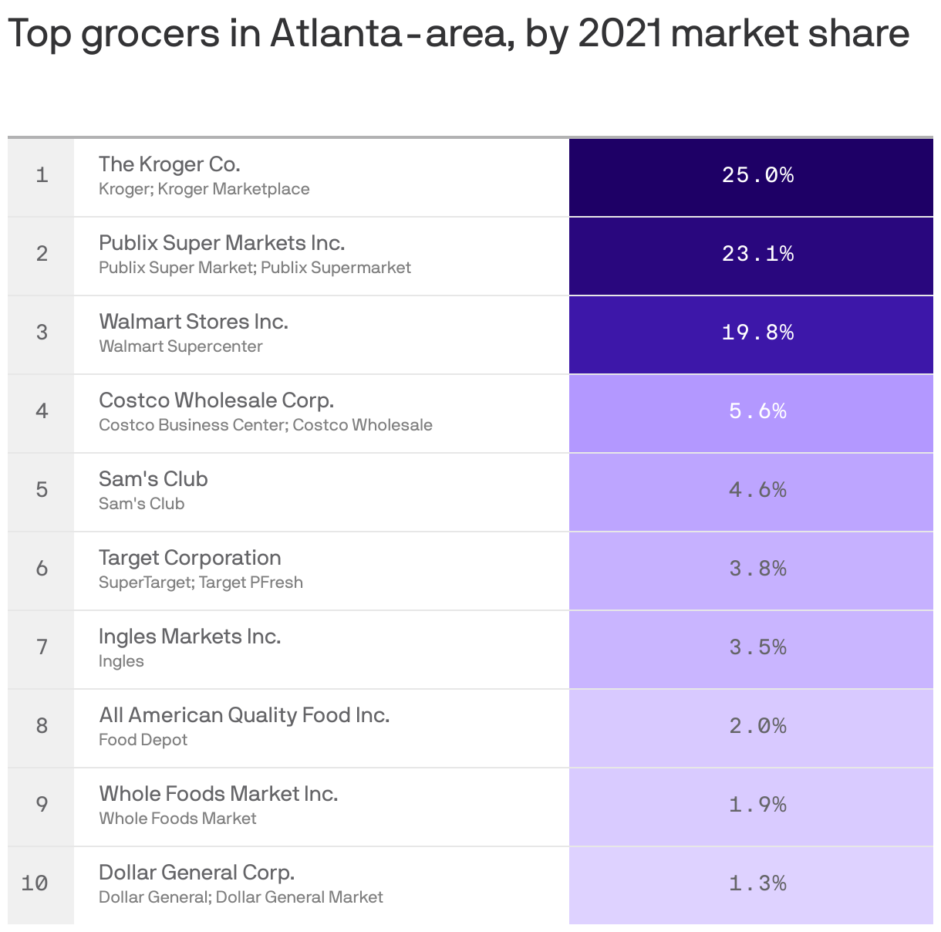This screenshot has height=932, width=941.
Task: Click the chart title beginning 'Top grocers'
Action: coord(458,34)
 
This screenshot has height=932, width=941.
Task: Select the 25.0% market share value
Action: coord(757,175)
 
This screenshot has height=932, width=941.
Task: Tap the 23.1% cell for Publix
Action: coord(757,254)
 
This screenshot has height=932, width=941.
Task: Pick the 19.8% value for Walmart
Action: coord(757,333)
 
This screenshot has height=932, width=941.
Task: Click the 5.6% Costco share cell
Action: coord(757,411)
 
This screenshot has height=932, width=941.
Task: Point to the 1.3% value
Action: coord(757,883)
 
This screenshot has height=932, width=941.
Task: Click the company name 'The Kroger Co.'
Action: coord(170,164)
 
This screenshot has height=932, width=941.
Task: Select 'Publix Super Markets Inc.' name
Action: coord(221,243)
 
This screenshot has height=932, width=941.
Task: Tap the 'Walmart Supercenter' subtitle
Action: coord(180,346)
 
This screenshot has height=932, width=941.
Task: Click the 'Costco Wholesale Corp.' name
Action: coord(216,400)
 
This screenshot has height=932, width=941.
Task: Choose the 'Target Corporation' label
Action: coord(190,558)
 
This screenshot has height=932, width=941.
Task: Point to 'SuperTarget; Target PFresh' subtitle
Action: coord(201,582)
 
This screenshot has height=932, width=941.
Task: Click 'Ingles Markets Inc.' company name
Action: coord(190,637)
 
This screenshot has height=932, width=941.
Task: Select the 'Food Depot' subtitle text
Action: coord(143,740)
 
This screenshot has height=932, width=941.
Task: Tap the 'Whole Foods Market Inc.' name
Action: coord(218,794)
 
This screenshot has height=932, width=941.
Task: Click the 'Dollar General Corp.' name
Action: coord(197,873)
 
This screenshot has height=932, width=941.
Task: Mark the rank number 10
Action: coord(35,883)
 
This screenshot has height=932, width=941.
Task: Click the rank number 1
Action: coord(42,175)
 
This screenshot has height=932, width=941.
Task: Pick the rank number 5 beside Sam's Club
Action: coord(42,490)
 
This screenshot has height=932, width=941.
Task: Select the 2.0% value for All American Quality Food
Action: coord(757,726)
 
